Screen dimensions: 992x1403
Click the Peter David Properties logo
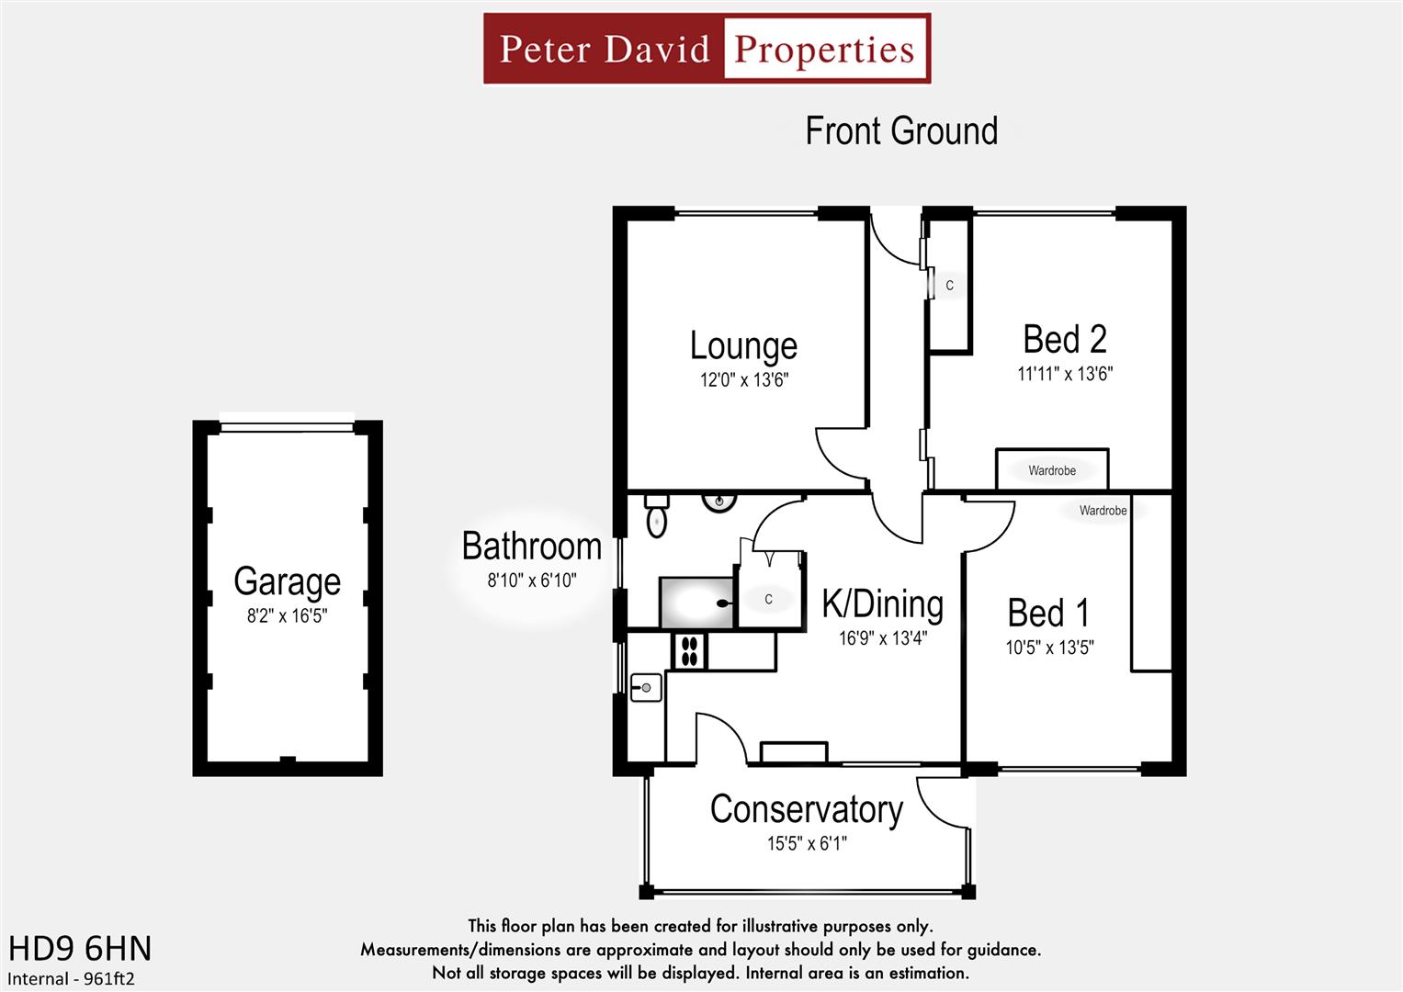[707, 49]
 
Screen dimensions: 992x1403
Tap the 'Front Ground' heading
[900, 131]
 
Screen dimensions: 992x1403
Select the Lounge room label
[743, 346]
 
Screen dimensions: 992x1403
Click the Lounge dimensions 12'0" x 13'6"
[743, 379]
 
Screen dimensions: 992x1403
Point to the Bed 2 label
[1064, 340]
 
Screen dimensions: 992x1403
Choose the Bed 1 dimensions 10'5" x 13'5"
[1049, 648]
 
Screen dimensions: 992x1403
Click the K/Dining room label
[882, 604]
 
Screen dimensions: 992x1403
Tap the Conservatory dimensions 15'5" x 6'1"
[807, 843]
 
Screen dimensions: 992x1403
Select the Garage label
[287, 581]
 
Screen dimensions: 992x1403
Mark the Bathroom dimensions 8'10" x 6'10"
[531, 581]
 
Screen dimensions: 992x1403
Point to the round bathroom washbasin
[718, 502]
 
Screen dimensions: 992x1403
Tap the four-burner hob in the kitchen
[690, 651]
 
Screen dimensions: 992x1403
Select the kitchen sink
[646, 687]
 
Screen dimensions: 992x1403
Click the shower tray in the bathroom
[696, 603]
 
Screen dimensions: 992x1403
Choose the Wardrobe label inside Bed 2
[1051, 470]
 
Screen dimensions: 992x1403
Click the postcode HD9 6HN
[80, 948]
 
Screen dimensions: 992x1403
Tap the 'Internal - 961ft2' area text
[71, 978]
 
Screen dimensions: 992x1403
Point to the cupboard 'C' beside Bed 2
[949, 286]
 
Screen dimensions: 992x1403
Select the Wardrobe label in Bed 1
[1103, 511]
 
